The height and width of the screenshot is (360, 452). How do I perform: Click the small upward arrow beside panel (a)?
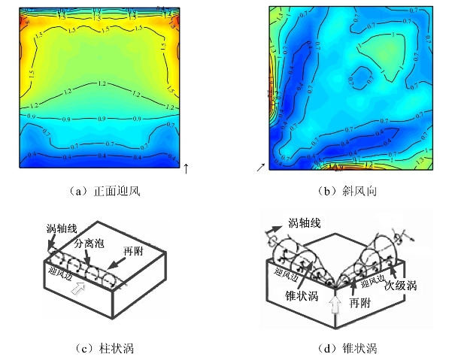186,167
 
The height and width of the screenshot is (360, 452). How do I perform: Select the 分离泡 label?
88,244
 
